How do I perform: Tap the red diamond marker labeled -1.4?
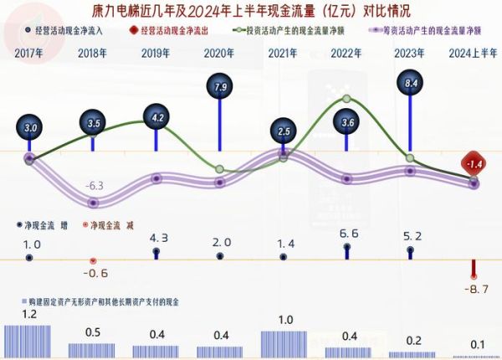[474, 163]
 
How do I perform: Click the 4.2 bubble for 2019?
[156, 117]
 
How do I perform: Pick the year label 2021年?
[284, 54]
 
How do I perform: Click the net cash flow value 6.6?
[347, 234]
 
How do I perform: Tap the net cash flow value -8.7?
[474, 288]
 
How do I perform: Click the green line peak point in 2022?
[348, 99]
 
